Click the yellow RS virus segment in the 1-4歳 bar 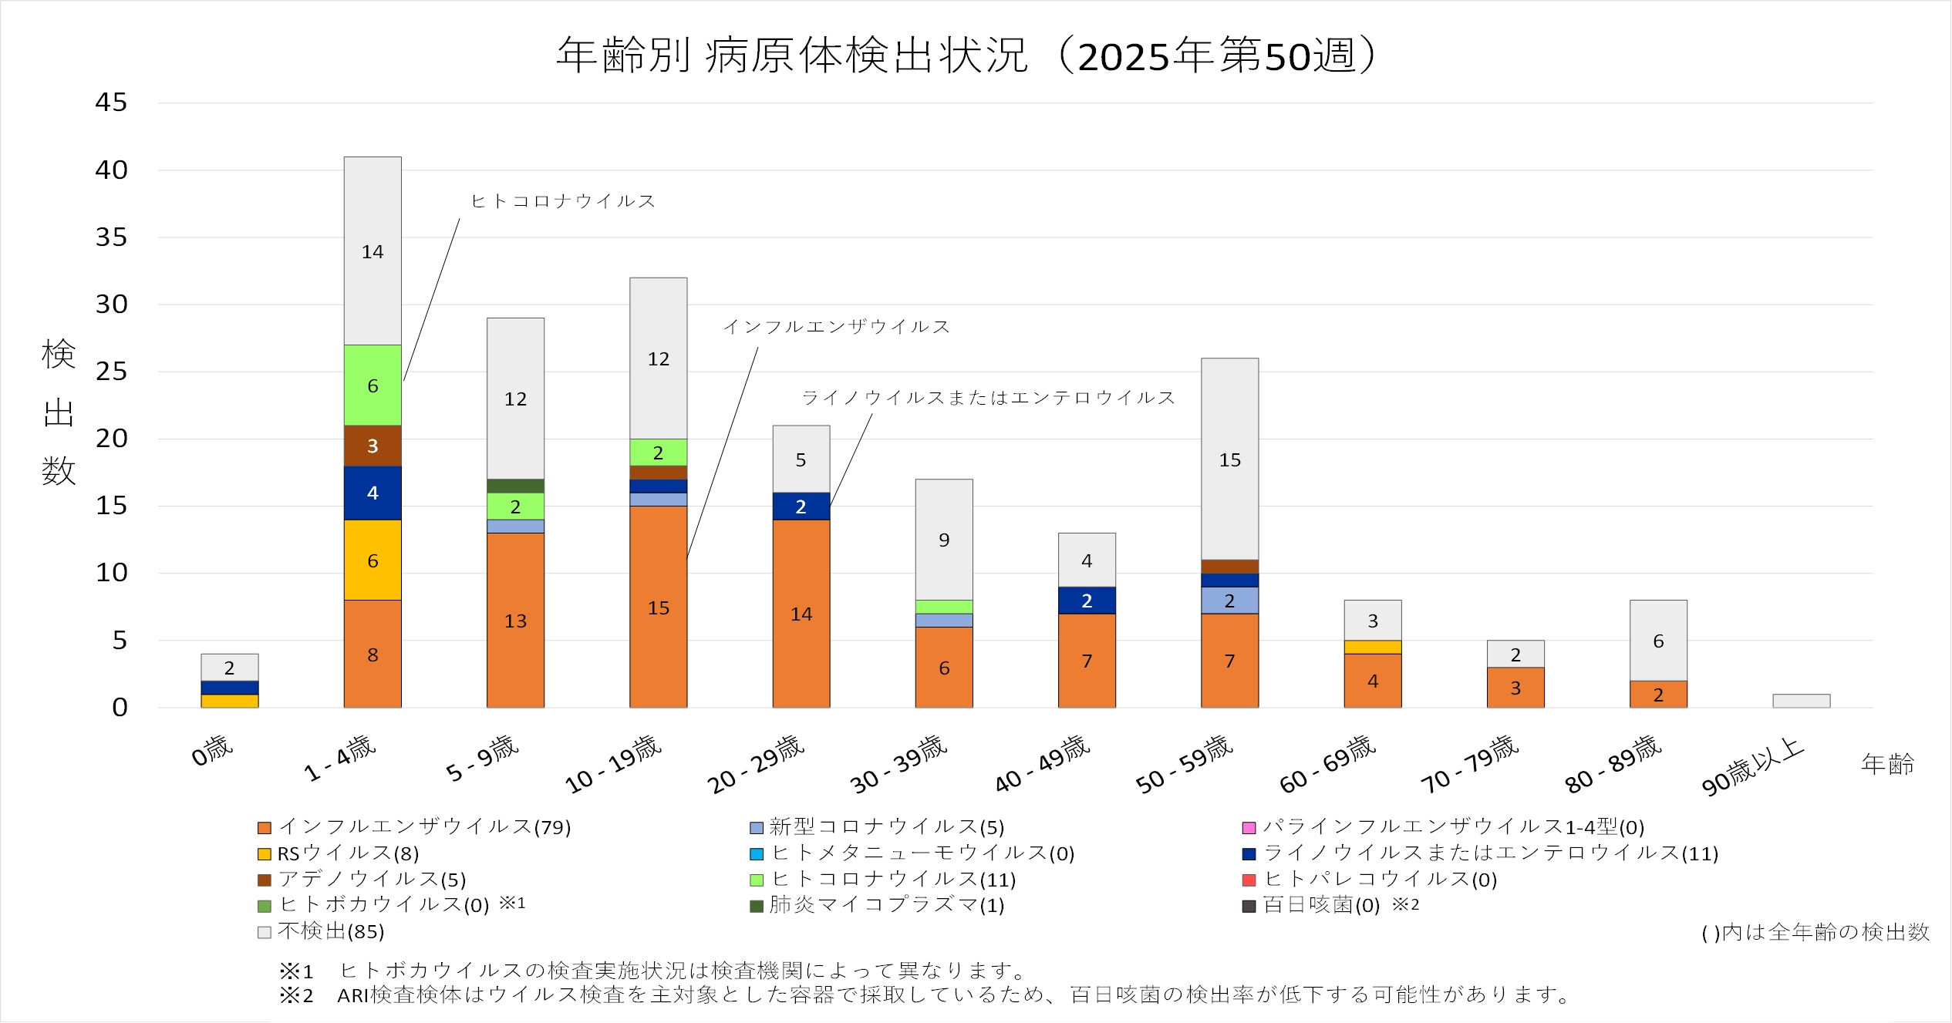point(373,560)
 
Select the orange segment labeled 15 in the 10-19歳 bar point(658,607)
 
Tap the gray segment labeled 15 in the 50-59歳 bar point(1229,459)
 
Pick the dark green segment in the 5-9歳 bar point(515,486)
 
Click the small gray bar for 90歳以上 point(1801,701)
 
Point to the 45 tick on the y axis point(111,103)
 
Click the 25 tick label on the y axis point(111,372)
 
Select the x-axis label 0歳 point(212,750)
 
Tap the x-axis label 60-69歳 point(1327,764)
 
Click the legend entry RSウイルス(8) point(348,853)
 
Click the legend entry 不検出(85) point(331,931)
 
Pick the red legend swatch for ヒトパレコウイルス point(1249,880)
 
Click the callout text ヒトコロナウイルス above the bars point(563,201)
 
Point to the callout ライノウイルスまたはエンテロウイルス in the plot point(988,398)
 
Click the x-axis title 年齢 point(1887,764)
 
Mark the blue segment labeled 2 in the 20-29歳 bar point(801,506)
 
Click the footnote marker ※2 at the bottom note point(296,995)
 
